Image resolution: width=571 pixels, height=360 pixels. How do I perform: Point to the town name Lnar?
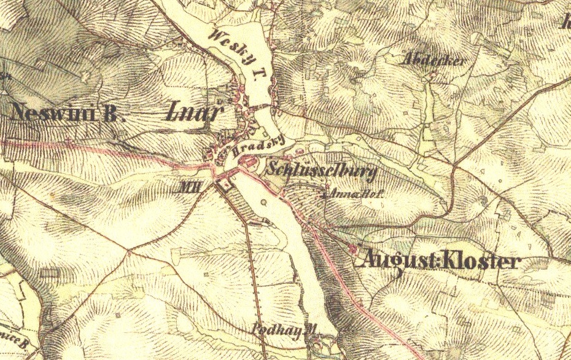tap(193, 112)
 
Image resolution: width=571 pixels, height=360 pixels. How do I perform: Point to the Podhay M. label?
tap(287, 331)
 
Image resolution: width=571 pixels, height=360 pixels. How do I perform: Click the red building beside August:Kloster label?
tap(352, 248)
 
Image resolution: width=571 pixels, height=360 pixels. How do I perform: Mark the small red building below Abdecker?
tap(432, 76)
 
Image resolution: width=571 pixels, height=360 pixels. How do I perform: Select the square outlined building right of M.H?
tap(225, 186)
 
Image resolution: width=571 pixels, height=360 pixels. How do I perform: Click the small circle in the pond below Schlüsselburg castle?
tap(264, 201)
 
